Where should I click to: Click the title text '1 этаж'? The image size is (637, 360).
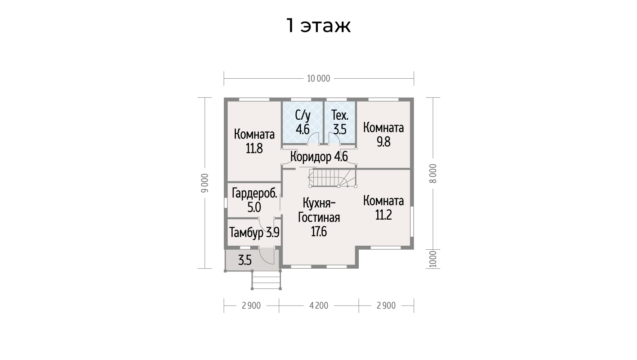coord(318,26)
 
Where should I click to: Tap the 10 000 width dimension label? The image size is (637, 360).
coord(319,78)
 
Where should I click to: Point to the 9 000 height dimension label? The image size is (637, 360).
coord(205,183)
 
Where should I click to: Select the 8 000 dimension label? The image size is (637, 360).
coord(433,173)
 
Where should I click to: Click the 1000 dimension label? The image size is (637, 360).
coord(433,259)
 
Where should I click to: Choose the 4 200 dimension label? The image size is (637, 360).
coord(319,306)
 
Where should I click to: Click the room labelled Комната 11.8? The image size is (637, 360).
coord(254,141)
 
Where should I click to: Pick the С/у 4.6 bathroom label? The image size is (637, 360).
coord(303,123)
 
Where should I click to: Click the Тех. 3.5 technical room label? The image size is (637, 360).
coord(340,123)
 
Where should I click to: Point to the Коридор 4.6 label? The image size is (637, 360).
coord(319,157)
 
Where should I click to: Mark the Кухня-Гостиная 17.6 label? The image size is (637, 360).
coord(319,217)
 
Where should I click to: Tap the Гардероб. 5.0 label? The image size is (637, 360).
coord(254,200)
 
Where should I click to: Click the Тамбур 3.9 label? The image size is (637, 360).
coord(254,233)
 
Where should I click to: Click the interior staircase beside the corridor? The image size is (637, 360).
coord(333,178)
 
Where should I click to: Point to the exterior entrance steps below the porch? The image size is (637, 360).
coord(267,280)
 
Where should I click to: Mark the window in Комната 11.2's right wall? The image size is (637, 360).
coord(412,221)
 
